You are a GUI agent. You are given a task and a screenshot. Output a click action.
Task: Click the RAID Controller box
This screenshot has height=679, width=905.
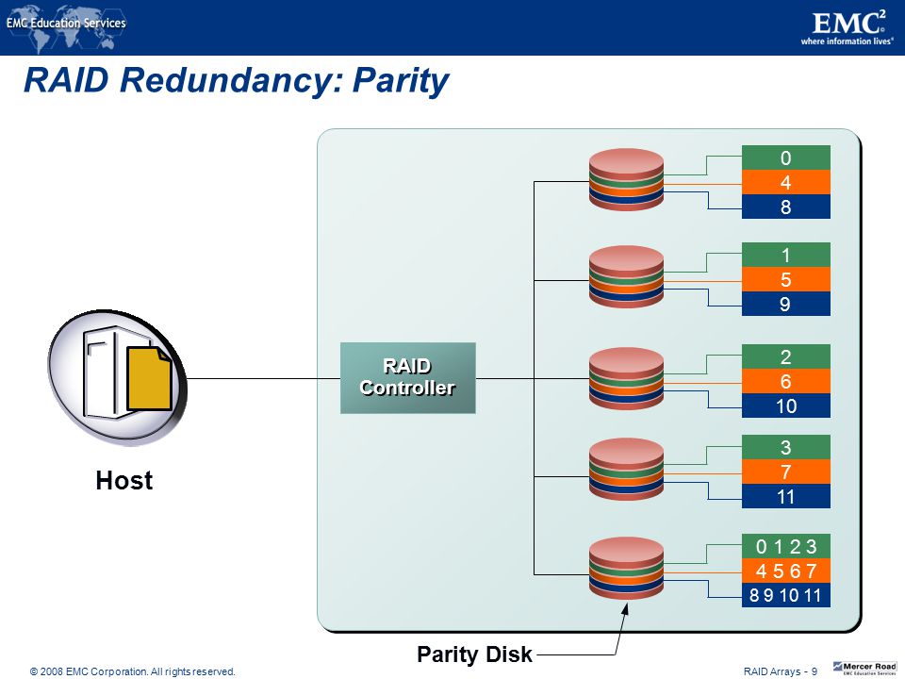(x=407, y=377)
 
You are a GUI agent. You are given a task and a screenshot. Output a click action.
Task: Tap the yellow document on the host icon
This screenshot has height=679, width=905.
(x=149, y=378)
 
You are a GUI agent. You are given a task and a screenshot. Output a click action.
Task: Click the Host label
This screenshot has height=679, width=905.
(x=124, y=480)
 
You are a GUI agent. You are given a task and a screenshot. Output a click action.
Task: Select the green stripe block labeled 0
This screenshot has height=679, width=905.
(x=785, y=157)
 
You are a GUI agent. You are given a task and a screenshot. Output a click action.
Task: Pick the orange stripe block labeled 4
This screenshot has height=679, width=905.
(x=785, y=182)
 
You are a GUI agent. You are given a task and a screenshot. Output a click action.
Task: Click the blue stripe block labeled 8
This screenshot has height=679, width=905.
(x=785, y=207)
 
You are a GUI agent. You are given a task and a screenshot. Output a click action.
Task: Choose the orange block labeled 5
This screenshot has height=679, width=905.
(x=785, y=279)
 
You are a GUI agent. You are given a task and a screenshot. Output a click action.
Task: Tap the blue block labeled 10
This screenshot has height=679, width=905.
(x=785, y=406)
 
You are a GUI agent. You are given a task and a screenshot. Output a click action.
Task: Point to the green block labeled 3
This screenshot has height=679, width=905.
(x=785, y=447)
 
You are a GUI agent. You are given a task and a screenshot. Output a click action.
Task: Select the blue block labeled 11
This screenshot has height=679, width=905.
(x=785, y=496)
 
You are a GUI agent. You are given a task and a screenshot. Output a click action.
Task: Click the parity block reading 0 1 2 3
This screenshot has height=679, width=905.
(x=785, y=546)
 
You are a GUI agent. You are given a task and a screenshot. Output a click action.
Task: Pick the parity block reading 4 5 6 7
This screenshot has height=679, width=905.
(x=785, y=571)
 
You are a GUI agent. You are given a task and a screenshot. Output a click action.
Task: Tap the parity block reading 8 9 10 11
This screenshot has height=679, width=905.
(x=785, y=595)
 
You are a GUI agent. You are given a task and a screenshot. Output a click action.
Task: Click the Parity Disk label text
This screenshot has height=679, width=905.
(x=474, y=654)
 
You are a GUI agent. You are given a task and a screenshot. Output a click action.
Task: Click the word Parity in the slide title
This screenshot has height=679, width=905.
(x=401, y=80)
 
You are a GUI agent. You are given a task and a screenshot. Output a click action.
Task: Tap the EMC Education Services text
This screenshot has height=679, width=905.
(x=66, y=23)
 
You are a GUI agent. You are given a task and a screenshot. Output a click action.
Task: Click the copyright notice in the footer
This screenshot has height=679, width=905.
(x=133, y=671)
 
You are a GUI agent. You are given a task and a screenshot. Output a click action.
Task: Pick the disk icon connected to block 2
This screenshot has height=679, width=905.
(x=626, y=378)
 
